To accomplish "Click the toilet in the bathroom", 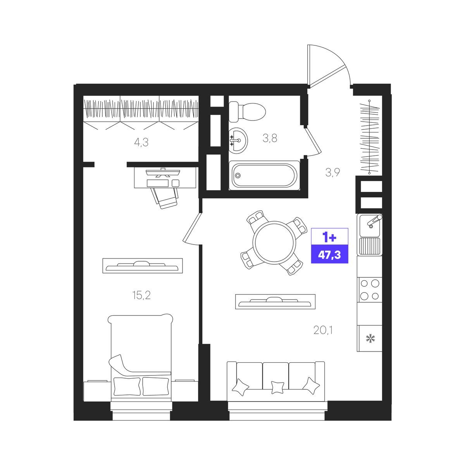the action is pos(247,112).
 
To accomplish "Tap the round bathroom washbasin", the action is pos(238,140).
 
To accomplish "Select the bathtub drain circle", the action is pos(238,176).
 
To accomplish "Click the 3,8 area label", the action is pos(270,138).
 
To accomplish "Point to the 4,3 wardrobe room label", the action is pos(141,142).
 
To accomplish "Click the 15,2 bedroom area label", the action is pos(141,295).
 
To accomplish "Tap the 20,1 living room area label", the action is pos(323,330).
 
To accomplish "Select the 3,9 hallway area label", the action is pos(333,172).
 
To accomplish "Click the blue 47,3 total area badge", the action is pos(330,254).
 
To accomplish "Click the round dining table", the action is pos(274,243).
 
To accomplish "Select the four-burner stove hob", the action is pos(369,289).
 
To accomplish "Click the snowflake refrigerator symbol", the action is pos(370,338).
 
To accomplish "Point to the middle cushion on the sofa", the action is pos(278,394).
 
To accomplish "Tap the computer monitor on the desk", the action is pos(163,172).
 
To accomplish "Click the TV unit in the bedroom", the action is pos(143,265).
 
